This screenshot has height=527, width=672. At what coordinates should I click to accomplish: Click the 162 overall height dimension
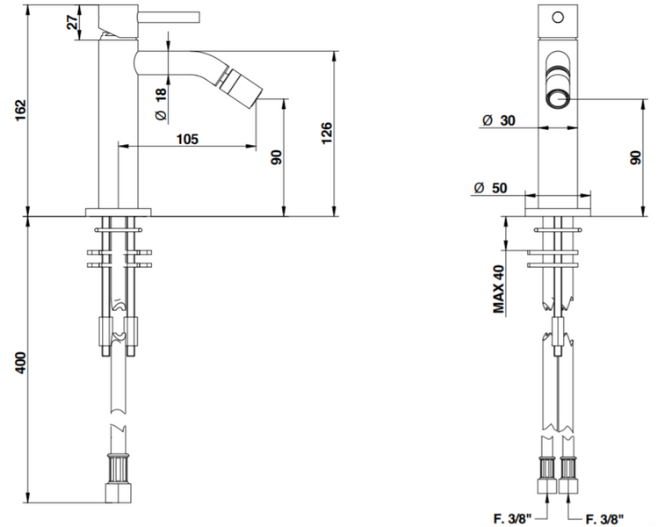pyautogui.click(x=21, y=111)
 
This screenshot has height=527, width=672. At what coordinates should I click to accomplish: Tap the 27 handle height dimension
pyautogui.click(x=73, y=21)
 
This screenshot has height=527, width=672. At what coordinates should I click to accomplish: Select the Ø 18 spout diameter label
pyautogui.click(x=161, y=105)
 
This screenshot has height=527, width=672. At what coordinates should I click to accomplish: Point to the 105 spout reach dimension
pyautogui.click(x=187, y=139)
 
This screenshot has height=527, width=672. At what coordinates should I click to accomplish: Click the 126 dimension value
pyautogui.click(x=327, y=133)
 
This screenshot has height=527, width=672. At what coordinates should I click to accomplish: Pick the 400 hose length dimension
pyautogui.click(x=21, y=363)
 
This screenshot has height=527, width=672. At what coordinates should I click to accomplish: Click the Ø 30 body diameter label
pyautogui.click(x=499, y=120)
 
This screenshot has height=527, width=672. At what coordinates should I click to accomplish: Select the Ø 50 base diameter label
pyautogui.click(x=491, y=188)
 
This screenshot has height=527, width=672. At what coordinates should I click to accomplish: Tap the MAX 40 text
pyautogui.click(x=499, y=289)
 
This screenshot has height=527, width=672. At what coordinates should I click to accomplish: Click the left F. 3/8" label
pyautogui.click(x=512, y=519)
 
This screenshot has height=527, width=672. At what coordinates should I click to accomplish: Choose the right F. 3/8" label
pyautogui.click(x=604, y=519)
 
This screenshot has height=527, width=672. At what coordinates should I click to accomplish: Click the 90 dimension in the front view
pyautogui.click(x=636, y=158)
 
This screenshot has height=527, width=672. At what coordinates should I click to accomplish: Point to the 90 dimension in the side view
pyautogui.click(x=277, y=157)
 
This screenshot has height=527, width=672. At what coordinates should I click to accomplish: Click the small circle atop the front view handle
pyautogui.click(x=558, y=18)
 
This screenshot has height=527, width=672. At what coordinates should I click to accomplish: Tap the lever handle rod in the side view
pyautogui.click(x=169, y=17)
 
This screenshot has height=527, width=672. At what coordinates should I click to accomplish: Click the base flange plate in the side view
pyautogui.click(x=119, y=213)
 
